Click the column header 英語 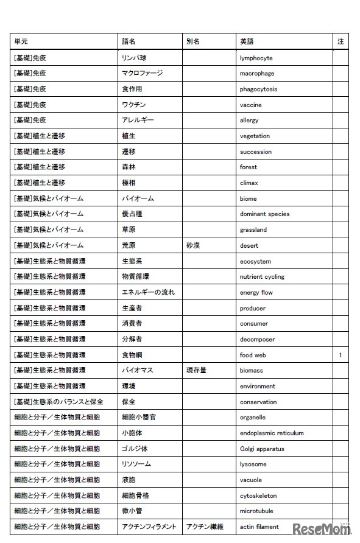[x=247, y=41]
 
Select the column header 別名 [x=192, y=41]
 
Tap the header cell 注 [x=341, y=41]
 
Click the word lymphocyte [x=256, y=58]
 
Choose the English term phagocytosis [x=258, y=89]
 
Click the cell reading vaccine [x=250, y=105]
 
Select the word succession [x=256, y=152]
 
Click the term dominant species [x=264, y=214]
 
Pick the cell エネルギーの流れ [x=148, y=292]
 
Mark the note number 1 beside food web [x=341, y=355]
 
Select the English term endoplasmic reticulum [x=272, y=433]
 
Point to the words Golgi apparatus [x=262, y=449]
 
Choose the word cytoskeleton [x=258, y=496]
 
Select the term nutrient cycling [x=262, y=276]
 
